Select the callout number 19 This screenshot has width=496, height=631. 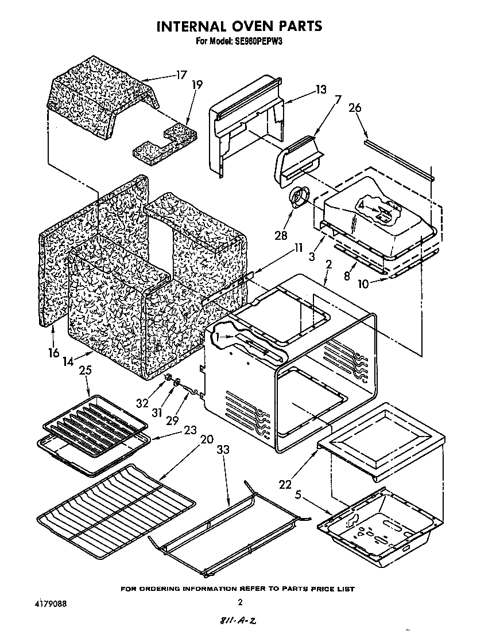tap(197, 84)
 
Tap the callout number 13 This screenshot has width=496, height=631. tap(320, 89)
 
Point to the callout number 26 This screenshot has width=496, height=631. tap(355, 107)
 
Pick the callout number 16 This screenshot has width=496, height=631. tap(53, 352)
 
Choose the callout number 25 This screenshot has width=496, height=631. tap(86, 371)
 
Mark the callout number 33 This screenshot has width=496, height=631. tap(223, 450)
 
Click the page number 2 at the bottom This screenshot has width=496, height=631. tap(240, 602)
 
